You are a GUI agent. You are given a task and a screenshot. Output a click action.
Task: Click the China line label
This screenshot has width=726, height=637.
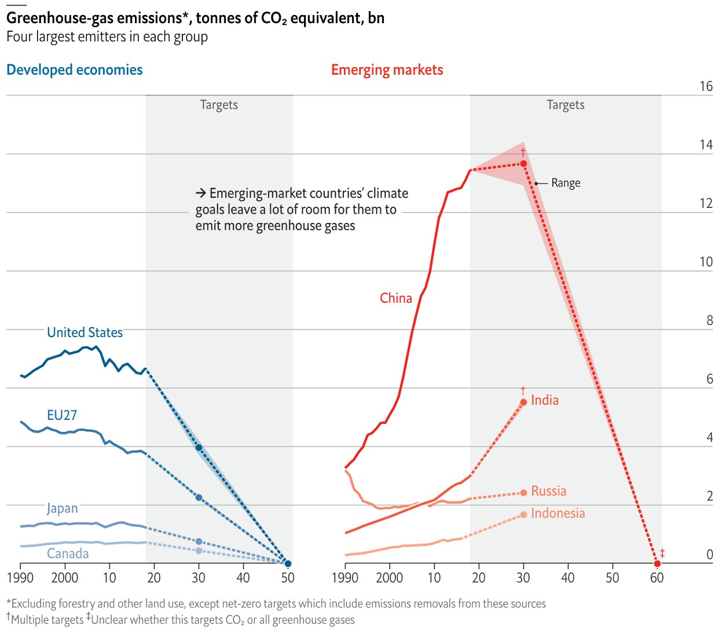[x=396, y=298]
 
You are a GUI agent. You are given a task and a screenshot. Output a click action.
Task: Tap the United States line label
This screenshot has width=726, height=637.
[x=85, y=332]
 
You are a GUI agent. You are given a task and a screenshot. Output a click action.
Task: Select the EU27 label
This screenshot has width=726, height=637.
[x=62, y=415]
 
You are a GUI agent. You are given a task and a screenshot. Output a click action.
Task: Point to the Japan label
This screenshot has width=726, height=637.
[x=62, y=508]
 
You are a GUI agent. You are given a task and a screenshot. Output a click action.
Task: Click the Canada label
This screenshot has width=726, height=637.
[x=68, y=554]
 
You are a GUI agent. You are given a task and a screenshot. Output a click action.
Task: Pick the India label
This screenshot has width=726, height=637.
[x=545, y=400]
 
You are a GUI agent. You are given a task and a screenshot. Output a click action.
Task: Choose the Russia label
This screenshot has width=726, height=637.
[x=549, y=491]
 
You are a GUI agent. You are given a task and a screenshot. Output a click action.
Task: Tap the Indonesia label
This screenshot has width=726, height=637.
[x=558, y=513]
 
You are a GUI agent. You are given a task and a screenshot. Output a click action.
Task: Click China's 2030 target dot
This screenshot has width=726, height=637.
[x=523, y=164]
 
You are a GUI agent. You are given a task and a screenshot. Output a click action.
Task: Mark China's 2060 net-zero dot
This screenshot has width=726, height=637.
[x=657, y=563]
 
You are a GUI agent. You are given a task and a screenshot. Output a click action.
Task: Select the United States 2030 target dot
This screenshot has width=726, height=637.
[x=199, y=448]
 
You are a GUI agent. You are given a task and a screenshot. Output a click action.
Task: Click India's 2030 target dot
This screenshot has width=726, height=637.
[x=523, y=402]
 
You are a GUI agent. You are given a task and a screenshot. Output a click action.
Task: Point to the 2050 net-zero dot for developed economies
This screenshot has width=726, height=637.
[x=288, y=563]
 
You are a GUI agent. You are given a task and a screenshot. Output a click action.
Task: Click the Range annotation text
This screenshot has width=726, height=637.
[x=566, y=183]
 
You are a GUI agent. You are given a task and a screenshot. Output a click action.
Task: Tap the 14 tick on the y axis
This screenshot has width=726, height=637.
[x=706, y=145]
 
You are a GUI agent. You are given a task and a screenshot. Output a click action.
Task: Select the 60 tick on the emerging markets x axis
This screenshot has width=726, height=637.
[x=657, y=577]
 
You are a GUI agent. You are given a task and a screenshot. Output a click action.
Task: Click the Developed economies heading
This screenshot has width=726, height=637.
[x=75, y=70]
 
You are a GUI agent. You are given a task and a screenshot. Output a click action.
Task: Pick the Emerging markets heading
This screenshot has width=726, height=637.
[x=387, y=70]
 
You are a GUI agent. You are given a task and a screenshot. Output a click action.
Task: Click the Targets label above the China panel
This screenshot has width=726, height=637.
[x=566, y=105]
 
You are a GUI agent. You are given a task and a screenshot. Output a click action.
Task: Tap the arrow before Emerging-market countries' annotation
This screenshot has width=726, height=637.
[x=201, y=193]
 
